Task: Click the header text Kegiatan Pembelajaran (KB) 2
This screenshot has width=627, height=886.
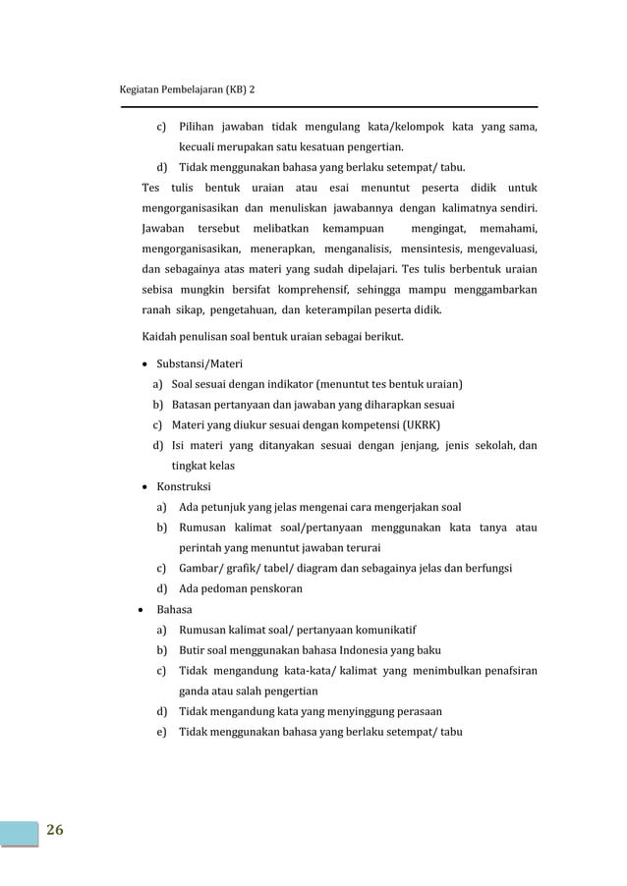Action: pyautogui.click(x=186, y=90)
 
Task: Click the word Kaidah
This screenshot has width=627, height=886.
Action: pyautogui.click(x=159, y=338)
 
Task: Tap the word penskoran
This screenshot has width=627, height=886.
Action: pyautogui.click(x=271, y=589)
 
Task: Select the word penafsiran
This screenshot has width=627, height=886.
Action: pyautogui.click(x=499, y=671)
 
